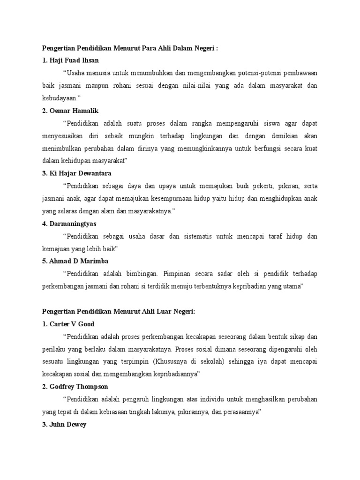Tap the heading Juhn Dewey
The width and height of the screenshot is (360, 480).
[x=68, y=425]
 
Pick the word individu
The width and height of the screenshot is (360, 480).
[x=220, y=399]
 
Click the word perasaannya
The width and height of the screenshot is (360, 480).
[x=239, y=412]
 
